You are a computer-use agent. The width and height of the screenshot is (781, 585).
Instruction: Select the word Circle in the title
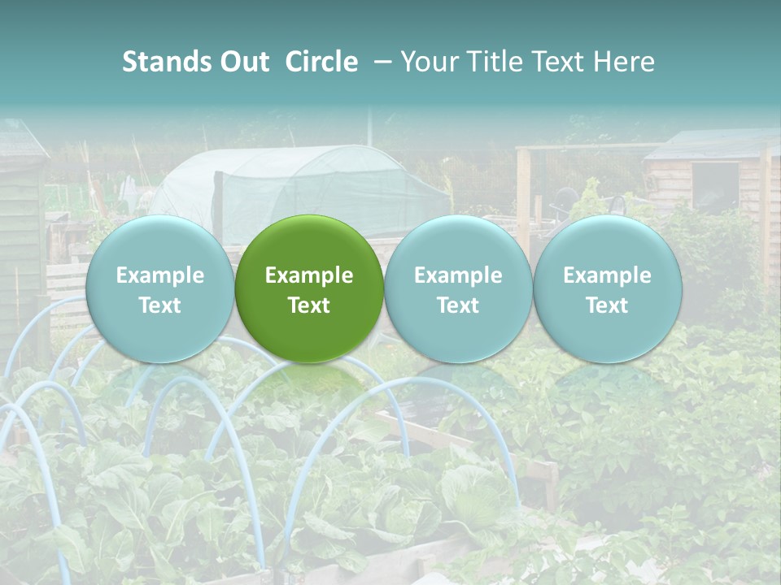coord(321,62)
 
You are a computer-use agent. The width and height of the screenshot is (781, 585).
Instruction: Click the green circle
coord(309,288)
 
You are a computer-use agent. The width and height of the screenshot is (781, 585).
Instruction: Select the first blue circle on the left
coord(159,288)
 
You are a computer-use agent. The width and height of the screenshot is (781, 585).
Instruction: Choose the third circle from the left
coord(458,288)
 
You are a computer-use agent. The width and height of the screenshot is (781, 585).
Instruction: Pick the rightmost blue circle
coord(608,288)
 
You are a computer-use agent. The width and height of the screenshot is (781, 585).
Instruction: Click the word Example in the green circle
coord(309,275)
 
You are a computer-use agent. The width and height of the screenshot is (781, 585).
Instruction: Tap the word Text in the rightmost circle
coord(608,305)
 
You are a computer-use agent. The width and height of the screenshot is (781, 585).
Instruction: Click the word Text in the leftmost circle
coord(159,305)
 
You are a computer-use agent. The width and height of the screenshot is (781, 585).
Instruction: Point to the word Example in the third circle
coord(458,275)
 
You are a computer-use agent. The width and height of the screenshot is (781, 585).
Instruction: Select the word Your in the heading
coord(430,62)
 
